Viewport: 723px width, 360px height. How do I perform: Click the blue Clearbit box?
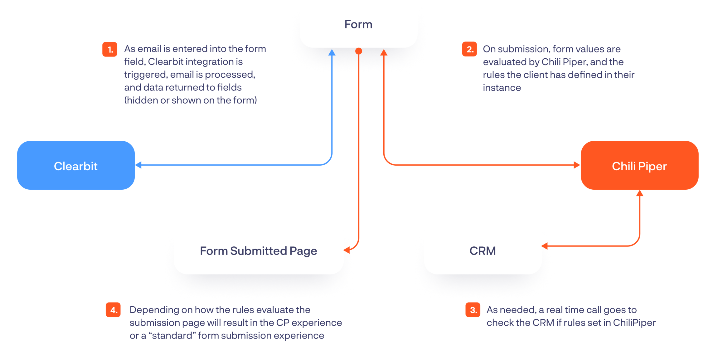point(76,165)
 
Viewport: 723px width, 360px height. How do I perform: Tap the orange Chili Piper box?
point(639,165)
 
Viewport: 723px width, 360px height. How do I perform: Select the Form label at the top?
point(358,24)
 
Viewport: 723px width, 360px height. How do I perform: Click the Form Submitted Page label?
point(258,251)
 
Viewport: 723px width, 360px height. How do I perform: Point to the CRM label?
point(483,251)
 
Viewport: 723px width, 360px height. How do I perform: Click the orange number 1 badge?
point(110,49)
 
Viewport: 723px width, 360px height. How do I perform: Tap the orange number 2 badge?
point(469,49)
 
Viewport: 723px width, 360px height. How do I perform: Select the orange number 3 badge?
point(473,310)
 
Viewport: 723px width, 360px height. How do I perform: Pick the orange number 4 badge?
point(113,310)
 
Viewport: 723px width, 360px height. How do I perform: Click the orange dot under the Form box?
point(359,51)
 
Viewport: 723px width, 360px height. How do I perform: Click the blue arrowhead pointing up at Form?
point(332,53)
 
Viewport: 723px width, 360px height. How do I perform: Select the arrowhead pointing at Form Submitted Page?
point(347,250)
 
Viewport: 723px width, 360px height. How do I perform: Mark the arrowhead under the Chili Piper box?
point(640,193)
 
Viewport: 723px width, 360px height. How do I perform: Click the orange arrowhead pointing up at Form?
point(384,53)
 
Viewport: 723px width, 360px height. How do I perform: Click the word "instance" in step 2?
point(502,88)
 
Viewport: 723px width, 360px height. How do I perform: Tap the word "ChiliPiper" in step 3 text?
point(634,323)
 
